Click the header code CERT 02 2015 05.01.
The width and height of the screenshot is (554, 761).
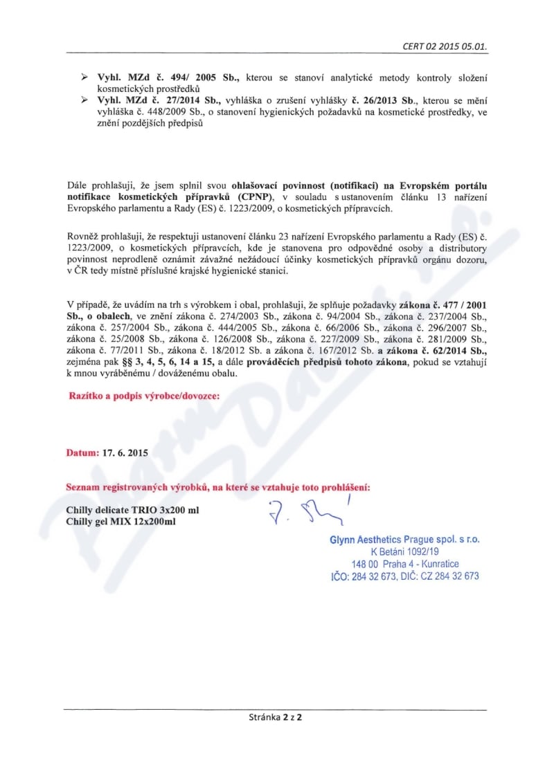click(445, 47)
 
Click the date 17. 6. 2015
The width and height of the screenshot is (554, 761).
click(125, 453)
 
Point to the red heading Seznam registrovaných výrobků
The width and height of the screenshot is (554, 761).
click(218, 487)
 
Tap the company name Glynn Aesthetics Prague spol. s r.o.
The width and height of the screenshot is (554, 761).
click(404, 539)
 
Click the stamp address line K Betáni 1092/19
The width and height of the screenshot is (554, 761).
click(405, 551)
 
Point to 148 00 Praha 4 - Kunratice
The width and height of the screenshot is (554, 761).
click(405, 564)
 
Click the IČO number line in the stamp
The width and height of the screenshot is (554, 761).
click(405, 576)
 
